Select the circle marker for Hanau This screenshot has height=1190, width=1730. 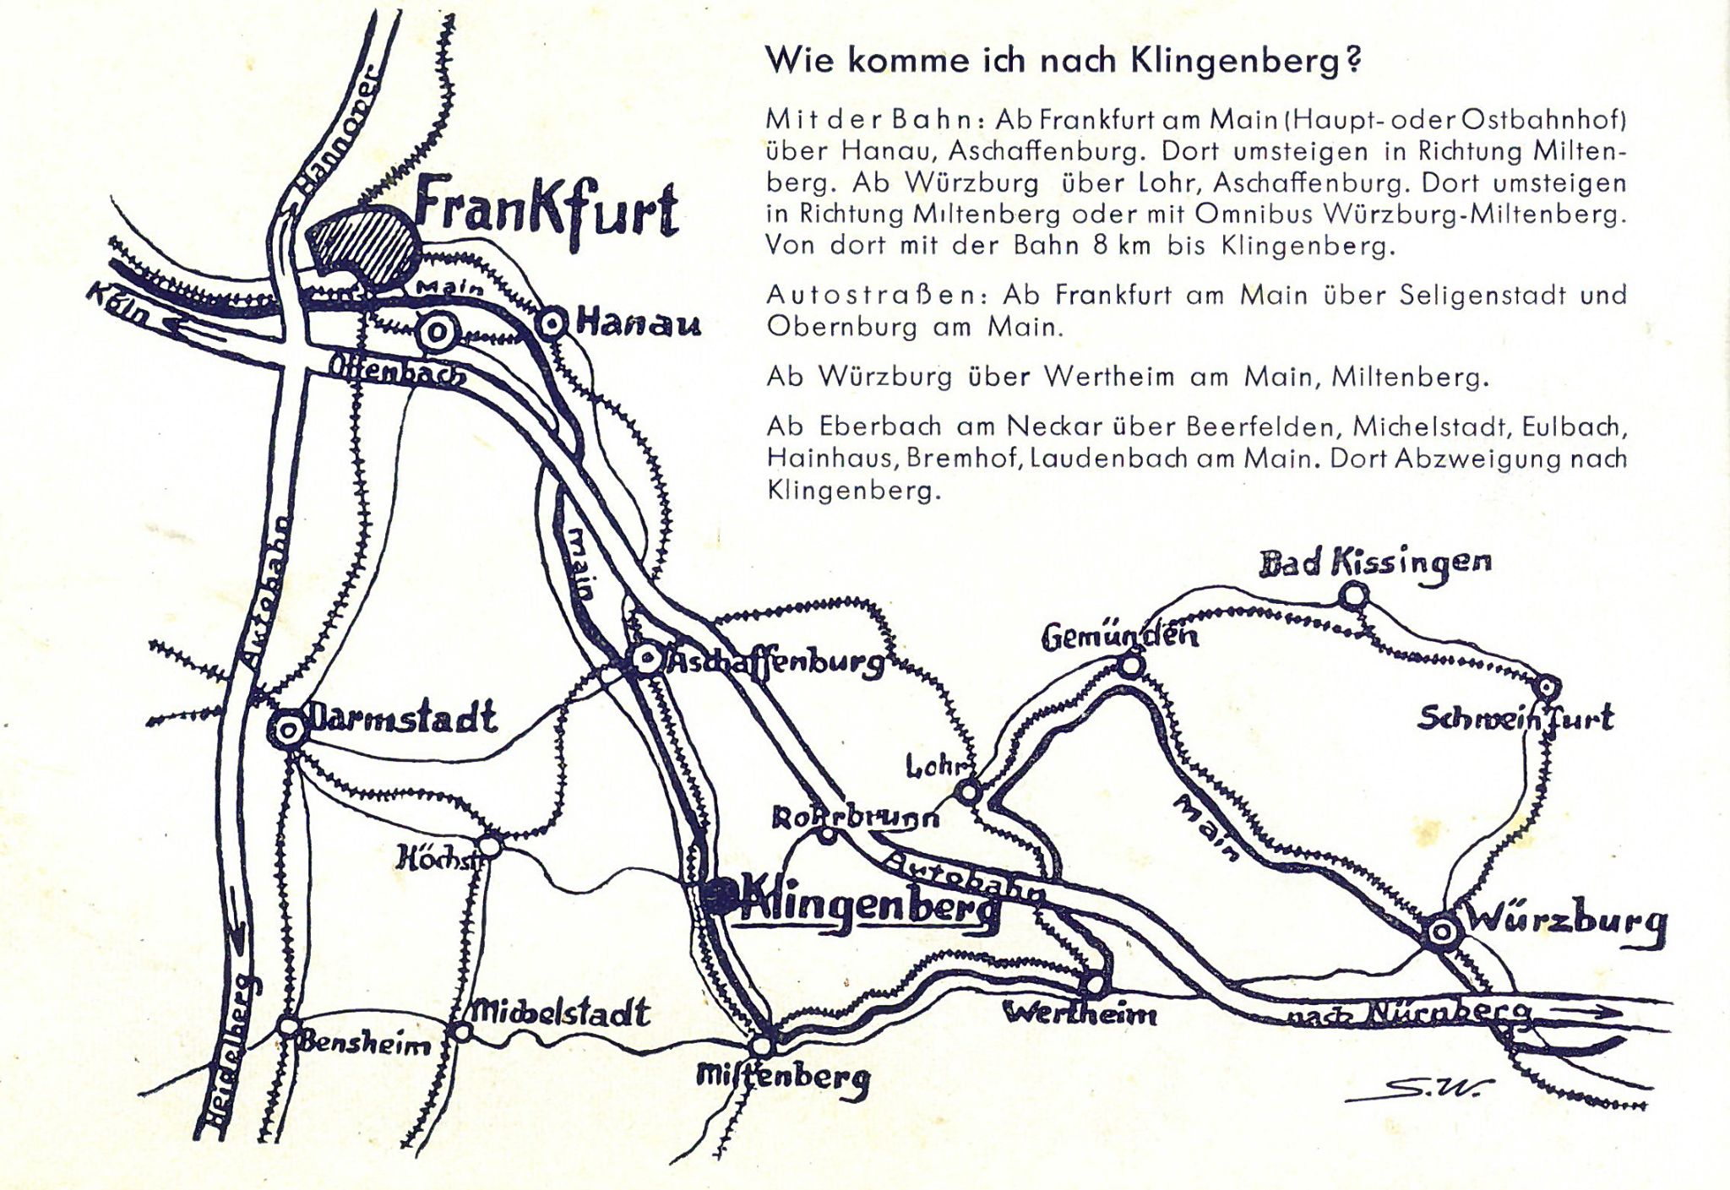pos(552,323)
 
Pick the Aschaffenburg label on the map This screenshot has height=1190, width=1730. pos(775,663)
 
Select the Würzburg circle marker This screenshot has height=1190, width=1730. pos(1442,932)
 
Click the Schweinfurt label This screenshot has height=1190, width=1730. pos(1515,719)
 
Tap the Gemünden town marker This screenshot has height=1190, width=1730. pos(1131,666)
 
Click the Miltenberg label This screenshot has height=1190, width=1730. pos(782,1076)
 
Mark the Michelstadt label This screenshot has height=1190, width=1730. pos(561,1012)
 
